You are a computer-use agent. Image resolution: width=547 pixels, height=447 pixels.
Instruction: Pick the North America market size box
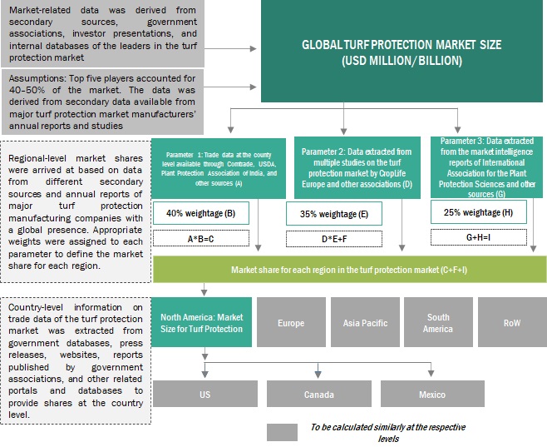point(201,322)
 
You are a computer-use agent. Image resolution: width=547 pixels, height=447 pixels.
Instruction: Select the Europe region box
point(291,322)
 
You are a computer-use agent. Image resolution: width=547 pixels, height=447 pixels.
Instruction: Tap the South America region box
point(438,322)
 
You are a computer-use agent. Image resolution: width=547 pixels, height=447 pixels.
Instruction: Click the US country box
point(204,394)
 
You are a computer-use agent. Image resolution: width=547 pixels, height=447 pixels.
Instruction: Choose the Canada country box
point(319,394)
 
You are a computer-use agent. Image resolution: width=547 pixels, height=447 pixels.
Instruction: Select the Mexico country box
point(431,394)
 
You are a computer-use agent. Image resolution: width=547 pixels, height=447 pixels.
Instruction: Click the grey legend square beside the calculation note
point(282,432)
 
